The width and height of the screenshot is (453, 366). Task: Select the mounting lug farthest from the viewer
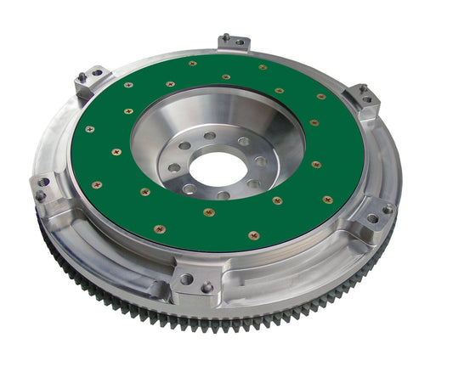pyautogui.click(x=234, y=42)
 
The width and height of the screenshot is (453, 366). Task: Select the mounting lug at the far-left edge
pyautogui.click(x=42, y=189)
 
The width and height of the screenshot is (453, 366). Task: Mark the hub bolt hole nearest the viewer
pyautogui.click(x=223, y=195)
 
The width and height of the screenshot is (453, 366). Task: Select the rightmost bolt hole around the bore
pyautogui.click(x=261, y=161)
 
